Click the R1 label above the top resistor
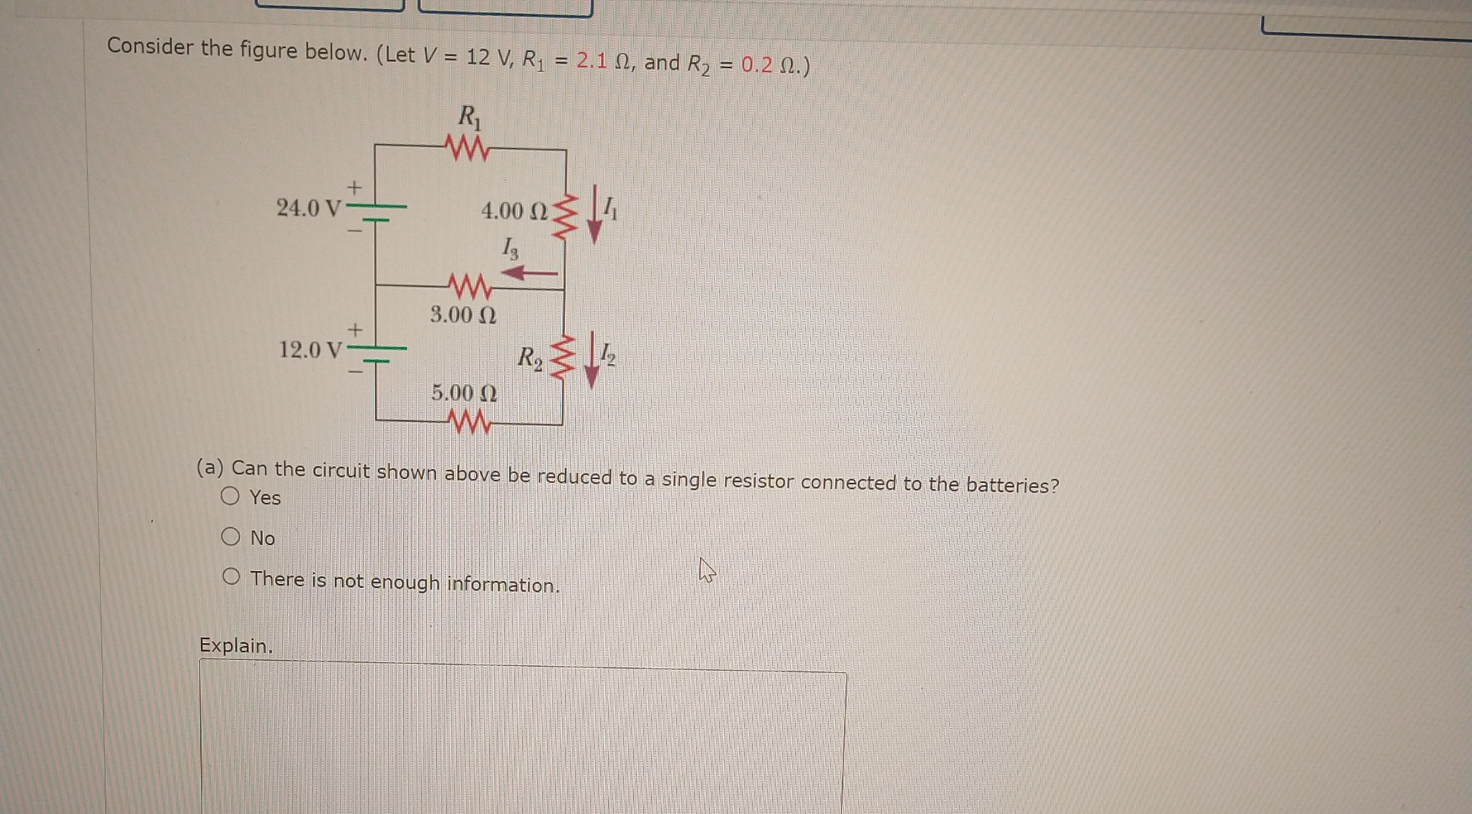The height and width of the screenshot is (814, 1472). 469,117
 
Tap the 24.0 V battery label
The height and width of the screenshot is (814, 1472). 308,208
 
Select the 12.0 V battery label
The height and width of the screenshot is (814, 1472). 310,350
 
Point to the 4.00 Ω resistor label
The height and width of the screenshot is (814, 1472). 514,211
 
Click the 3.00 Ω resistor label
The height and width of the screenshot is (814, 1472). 463,314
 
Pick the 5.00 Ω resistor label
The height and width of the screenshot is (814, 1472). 464,393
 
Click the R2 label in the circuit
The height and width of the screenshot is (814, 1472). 529,357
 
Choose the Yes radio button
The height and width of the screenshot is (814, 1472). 230,496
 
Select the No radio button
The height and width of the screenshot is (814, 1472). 230,537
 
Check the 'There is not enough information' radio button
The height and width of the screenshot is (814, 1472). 231,576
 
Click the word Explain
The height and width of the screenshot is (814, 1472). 235,645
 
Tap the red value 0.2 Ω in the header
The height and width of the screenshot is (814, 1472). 769,65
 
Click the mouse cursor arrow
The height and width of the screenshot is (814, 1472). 706,570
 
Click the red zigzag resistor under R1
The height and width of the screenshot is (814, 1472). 467,148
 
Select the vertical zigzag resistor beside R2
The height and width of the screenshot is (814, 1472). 563,356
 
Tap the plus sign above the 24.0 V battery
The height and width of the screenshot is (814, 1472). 354,187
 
